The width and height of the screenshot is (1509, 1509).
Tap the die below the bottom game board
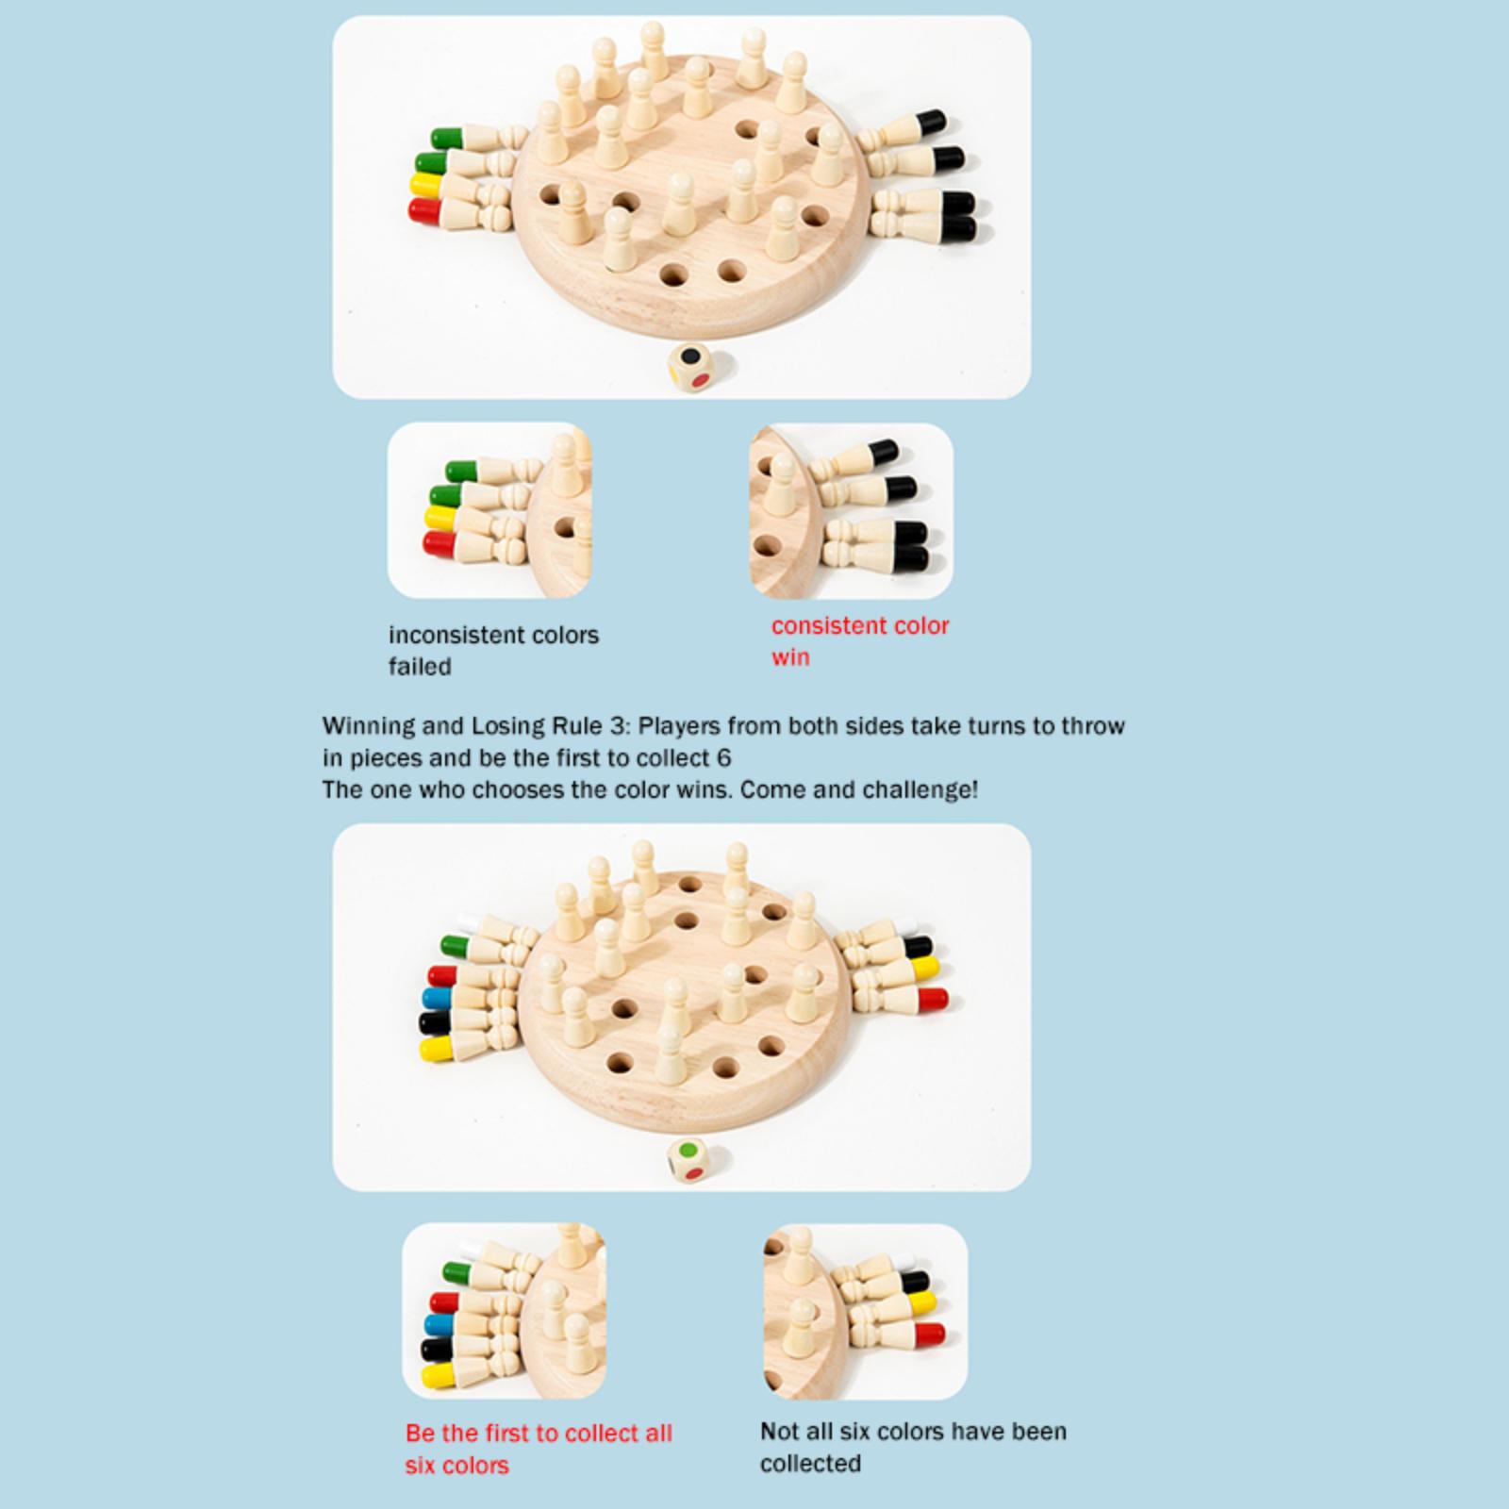pyautogui.click(x=692, y=1160)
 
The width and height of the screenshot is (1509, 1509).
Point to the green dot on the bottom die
pyautogui.click(x=692, y=1151)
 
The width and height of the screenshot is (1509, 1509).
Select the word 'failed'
pyautogui.click(x=420, y=667)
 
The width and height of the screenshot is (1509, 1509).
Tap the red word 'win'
pyautogui.click(x=790, y=657)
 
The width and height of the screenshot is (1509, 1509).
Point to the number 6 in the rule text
pyautogui.click(x=723, y=758)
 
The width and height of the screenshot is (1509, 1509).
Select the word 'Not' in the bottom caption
pyautogui.click(x=780, y=1432)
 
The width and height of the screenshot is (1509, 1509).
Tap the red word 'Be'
pyautogui.click(x=421, y=1434)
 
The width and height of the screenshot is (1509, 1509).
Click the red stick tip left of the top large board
pyautogui.click(x=424, y=209)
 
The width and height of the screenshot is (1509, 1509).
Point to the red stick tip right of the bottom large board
pyautogui.click(x=931, y=999)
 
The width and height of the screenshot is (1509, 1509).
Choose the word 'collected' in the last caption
pyautogui.click(x=810, y=1464)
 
